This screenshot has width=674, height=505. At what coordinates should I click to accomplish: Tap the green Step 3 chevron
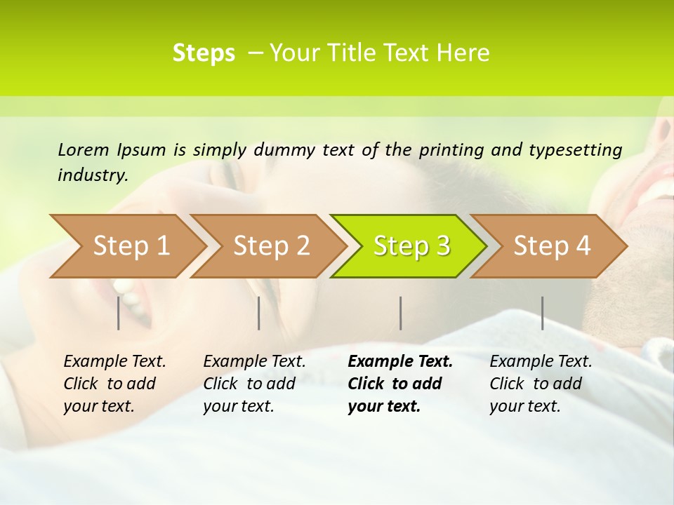click(410, 246)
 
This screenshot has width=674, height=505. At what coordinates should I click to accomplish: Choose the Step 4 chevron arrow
click(550, 246)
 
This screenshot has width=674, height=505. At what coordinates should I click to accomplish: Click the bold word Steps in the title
click(204, 53)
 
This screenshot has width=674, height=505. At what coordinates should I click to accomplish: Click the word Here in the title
click(463, 53)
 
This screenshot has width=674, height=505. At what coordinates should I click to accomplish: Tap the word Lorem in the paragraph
click(84, 149)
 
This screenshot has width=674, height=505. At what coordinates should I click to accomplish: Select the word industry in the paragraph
click(92, 175)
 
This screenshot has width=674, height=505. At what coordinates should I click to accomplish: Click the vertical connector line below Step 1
click(119, 313)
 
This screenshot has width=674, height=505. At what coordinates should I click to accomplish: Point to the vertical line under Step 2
click(259, 313)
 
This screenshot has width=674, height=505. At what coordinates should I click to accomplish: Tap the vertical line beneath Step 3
click(400, 313)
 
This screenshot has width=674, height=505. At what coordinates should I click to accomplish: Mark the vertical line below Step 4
click(542, 313)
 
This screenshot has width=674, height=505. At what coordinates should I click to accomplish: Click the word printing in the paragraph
click(451, 149)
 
